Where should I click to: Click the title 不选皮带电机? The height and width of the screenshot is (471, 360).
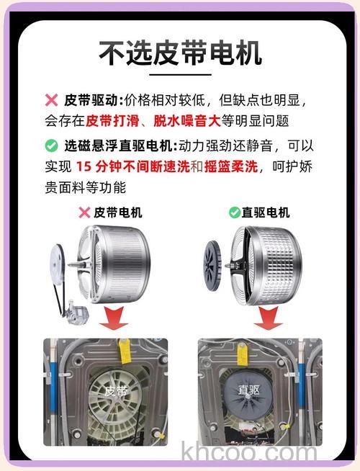coord(180,53)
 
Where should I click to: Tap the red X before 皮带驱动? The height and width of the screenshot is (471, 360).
coord(51,100)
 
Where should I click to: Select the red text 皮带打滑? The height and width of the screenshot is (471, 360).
coord(109,120)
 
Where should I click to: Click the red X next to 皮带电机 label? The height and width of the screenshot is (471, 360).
coord(85,212)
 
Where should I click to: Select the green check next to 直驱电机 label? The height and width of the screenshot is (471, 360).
coord(234,212)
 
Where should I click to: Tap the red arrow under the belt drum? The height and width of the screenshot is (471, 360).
coord(113,317)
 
